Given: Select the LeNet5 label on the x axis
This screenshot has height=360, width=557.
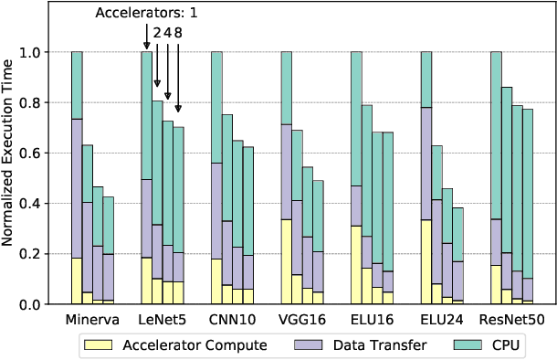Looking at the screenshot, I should [163, 321].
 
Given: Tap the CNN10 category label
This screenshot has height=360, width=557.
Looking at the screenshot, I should [232, 321].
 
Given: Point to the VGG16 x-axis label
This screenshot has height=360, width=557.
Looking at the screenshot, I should [302, 321].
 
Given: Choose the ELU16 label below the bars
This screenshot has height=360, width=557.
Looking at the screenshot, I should [372, 321].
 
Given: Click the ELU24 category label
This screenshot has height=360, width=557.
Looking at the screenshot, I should [442, 321].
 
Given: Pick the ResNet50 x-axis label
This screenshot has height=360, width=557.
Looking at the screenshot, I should [511, 321].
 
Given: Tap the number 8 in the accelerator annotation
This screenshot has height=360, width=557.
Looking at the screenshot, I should [178, 31].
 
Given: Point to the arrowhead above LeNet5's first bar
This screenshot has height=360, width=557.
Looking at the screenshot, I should [146, 48].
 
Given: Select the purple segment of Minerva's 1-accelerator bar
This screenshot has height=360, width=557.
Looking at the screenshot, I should [77, 188].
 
